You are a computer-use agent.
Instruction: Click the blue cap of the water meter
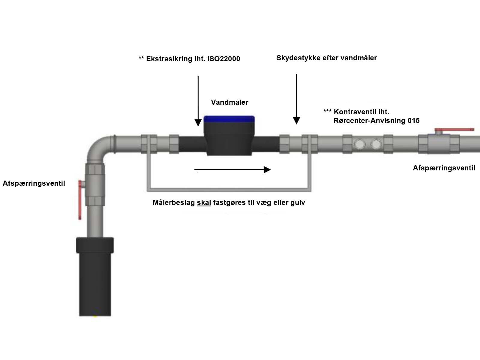click(229, 119)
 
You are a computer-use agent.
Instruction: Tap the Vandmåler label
click(229, 102)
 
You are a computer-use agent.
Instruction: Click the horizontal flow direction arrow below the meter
click(232, 170)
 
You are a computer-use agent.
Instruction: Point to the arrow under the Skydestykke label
click(296, 99)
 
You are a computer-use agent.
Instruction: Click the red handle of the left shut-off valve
click(80, 199)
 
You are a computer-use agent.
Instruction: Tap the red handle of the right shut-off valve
click(454, 130)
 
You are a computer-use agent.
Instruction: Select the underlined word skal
click(204, 203)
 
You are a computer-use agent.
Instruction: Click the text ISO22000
click(223, 59)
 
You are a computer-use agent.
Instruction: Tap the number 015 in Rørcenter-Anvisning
click(413, 121)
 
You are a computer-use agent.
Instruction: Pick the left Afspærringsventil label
click(34, 183)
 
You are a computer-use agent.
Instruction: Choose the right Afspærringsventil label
click(444, 168)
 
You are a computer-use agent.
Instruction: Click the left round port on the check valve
click(359, 144)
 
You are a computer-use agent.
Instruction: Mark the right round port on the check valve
click(376, 144)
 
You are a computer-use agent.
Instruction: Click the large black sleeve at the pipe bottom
click(95, 276)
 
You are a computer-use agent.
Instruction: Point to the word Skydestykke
click(297, 58)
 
